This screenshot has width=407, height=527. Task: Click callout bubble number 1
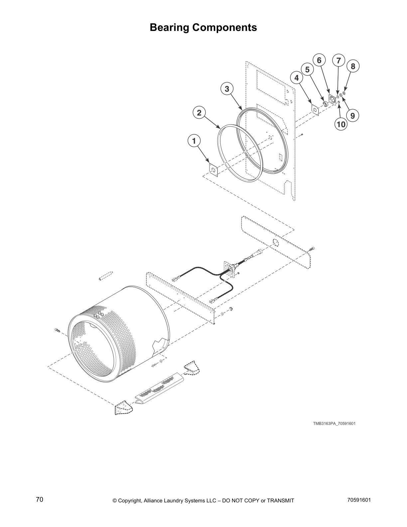[194, 141]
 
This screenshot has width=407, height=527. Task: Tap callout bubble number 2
[199, 113]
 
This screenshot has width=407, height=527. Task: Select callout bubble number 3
[227, 89]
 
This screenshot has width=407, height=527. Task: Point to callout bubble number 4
[296, 78]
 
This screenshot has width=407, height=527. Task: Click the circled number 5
[307, 70]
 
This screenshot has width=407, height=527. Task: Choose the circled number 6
[319, 60]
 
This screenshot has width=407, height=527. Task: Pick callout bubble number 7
[339, 61]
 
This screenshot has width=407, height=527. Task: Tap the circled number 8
[353, 66]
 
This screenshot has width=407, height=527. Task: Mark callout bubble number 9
[352, 115]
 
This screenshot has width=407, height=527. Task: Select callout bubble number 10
[341, 124]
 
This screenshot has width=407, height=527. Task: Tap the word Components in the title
[225, 27]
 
